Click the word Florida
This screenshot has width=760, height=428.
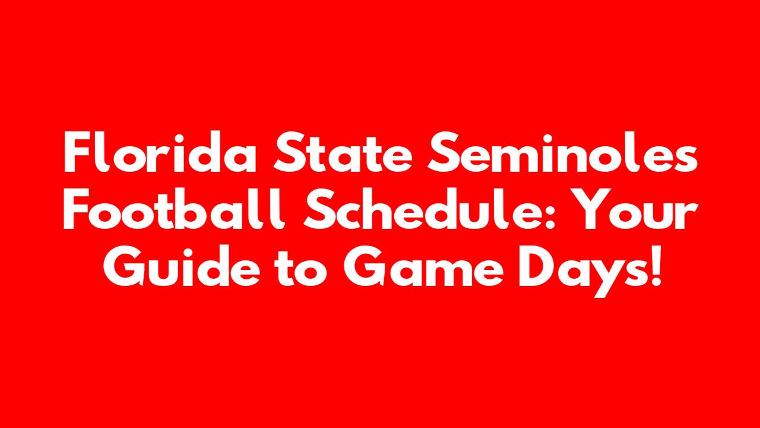tap(160, 153)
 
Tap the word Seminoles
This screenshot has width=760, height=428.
tap(562, 153)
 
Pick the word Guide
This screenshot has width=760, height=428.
tap(182, 266)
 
